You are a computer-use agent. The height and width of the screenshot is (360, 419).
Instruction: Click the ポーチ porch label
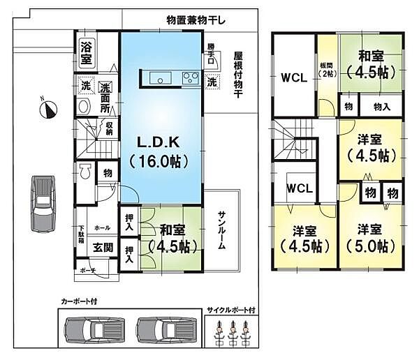pyautogui.click(x=87, y=270)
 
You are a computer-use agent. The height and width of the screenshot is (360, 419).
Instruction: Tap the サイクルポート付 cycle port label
pyautogui.click(x=231, y=309)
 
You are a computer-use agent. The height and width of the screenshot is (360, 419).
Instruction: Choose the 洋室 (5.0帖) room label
pyautogui.click(x=370, y=237)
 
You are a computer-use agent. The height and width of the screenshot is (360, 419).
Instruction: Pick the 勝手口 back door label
pyautogui.click(x=211, y=54)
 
